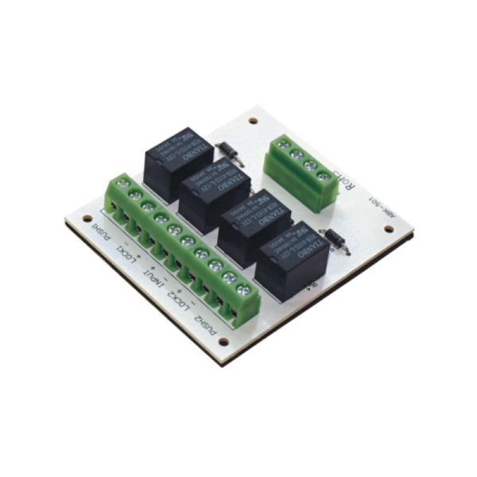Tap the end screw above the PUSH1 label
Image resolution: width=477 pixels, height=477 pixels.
click(122, 184)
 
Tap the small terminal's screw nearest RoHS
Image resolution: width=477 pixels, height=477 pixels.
click(323, 175)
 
